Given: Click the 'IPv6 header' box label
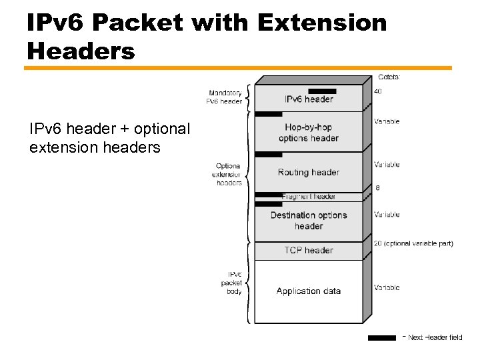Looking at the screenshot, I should click(309, 99).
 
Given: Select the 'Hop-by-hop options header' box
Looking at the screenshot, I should click(309, 133).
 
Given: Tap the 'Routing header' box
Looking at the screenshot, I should click(309, 172).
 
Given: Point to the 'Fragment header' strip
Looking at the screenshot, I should click(309, 197).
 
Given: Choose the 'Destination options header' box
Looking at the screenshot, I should click(309, 221).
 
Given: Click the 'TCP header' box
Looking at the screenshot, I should click(309, 250).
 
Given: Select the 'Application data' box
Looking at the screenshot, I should click(309, 291).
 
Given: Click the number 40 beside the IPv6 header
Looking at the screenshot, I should click(378, 91).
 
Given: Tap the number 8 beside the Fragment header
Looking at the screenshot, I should click(378, 188).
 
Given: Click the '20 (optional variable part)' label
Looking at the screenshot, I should click(413, 243).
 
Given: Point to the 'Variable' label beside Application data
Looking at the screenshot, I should click(387, 287).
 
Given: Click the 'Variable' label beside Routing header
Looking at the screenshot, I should click(387, 164).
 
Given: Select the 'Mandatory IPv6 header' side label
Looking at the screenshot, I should click(225, 97).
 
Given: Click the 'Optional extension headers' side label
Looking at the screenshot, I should click(227, 174).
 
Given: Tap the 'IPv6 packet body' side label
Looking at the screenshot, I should click(231, 283).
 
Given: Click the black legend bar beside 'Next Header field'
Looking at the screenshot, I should click(381, 338).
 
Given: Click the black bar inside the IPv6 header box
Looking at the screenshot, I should click(322, 91).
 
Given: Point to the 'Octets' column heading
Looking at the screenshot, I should click(388, 77).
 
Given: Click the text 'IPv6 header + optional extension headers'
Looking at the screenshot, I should click(109, 137).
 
